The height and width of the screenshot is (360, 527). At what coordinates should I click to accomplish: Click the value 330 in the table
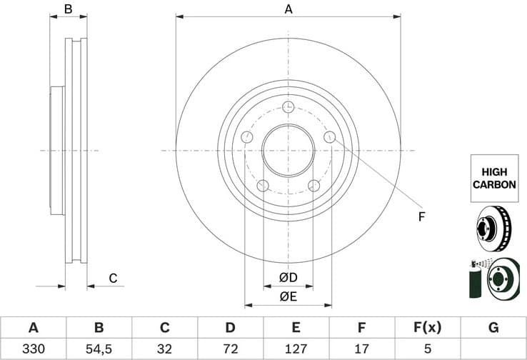33,349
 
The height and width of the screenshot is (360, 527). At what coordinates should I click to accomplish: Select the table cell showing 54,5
99,349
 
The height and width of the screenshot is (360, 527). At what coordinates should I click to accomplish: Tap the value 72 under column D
230,349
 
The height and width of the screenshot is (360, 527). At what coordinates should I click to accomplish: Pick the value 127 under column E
296,349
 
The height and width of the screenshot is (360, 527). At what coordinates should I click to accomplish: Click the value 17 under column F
361,349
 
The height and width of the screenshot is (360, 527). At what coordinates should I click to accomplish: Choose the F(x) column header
428,328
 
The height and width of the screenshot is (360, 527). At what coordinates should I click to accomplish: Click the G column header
493,328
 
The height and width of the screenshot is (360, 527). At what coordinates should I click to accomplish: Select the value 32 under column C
164,349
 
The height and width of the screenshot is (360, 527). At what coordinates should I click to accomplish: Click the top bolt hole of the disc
288,107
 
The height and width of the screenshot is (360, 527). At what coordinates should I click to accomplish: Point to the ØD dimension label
288,277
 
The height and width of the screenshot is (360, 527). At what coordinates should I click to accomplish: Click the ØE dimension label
288,296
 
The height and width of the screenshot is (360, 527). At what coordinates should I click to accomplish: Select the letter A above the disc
288,9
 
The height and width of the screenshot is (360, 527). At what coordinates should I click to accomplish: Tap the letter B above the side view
69,9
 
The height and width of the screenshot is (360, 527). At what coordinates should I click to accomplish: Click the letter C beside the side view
112,278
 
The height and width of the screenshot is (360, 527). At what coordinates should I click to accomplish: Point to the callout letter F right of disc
421,216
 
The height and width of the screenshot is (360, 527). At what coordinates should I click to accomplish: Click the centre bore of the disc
288,151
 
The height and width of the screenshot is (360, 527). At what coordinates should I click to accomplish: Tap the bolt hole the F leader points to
329,137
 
